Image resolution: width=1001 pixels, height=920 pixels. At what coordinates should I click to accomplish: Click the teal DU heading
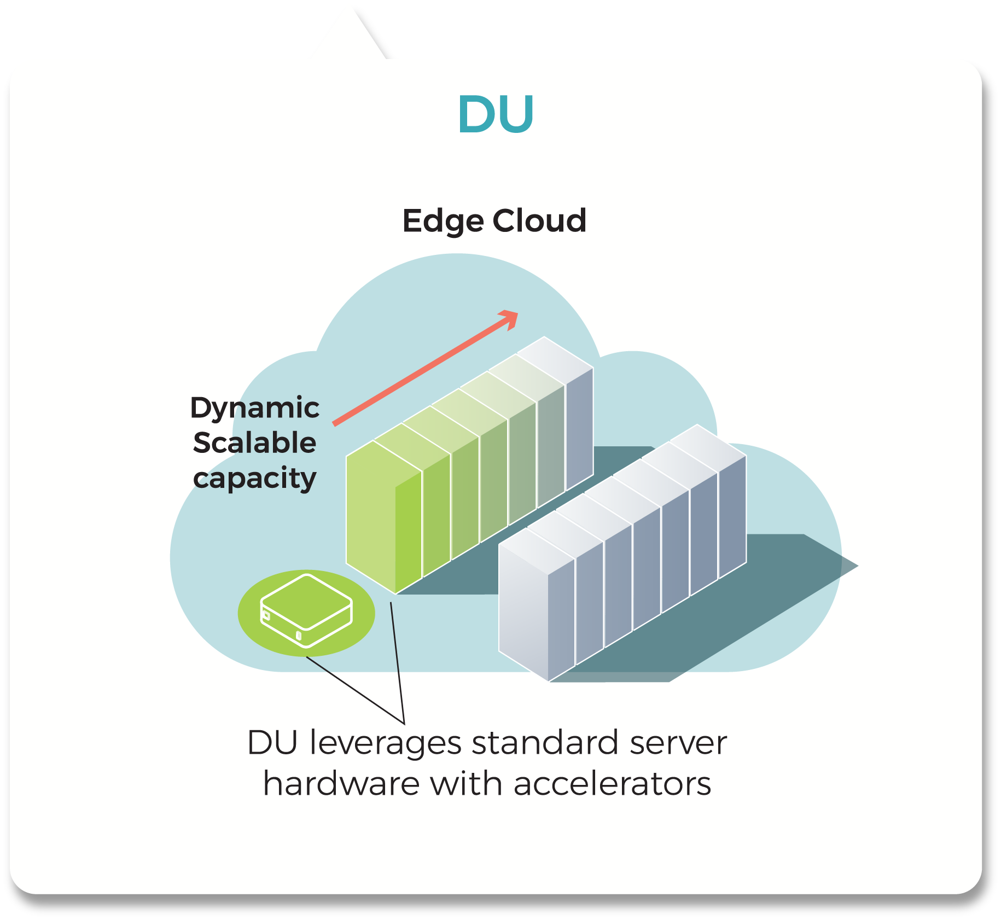[x=496, y=114]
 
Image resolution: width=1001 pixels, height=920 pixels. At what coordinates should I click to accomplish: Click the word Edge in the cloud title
[x=443, y=221]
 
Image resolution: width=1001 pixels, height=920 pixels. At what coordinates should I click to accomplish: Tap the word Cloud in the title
[x=539, y=221]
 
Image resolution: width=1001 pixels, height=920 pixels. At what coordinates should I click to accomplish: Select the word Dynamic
[x=254, y=408]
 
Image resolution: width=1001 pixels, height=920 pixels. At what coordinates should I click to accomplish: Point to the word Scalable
[x=254, y=443]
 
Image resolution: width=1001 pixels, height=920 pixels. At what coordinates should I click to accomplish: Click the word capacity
[x=254, y=479]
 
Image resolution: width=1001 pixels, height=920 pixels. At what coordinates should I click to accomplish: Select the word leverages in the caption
[x=386, y=744]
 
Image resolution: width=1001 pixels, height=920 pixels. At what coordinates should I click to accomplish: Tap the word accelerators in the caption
[x=612, y=784]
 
